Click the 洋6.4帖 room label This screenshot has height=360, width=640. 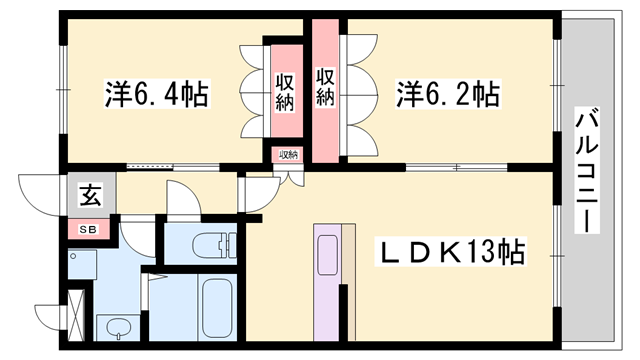point(156,95)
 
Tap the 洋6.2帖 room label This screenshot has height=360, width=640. point(448,95)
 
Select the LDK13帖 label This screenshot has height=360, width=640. point(453,252)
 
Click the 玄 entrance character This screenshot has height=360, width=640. point(90,197)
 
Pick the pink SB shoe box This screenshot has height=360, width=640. point(90,230)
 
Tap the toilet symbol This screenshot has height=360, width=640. point(204,243)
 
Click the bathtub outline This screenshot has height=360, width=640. point(216,307)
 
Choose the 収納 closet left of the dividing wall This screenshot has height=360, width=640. point(284,92)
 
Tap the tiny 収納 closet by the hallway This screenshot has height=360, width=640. point(288,155)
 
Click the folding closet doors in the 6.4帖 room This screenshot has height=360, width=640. point(252,92)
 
